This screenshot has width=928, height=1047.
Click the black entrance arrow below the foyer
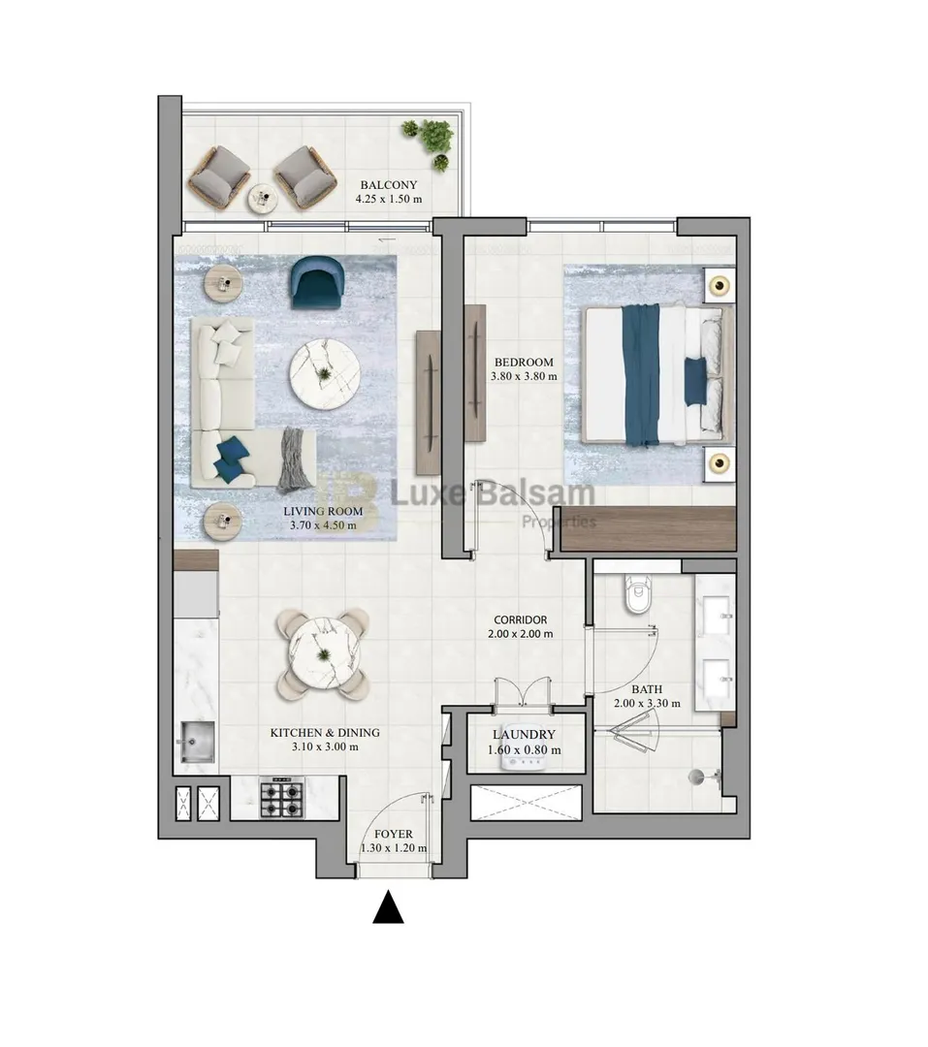[x=388, y=907]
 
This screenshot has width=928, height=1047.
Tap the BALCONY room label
[x=389, y=185]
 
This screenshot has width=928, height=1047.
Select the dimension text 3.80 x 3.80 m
[x=524, y=376]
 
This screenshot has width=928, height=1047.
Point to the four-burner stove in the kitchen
[x=281, y=798]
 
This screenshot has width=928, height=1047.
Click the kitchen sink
[x=197, y=742]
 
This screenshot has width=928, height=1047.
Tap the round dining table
[x=324, y=653]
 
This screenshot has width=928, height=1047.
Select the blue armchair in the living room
[x=317, y=282]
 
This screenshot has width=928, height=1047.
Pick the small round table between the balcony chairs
[x=263, y=198]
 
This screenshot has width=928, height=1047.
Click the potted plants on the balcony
[x=431, y=141]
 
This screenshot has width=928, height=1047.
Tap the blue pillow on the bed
[x=695, y=381]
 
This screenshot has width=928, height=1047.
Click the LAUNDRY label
[x=524, y=735]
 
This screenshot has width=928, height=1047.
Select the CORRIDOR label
[x=521, y=619]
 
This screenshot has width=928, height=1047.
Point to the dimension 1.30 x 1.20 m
[x=394, y=848]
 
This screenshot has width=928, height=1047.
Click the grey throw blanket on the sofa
[x=297, y=460]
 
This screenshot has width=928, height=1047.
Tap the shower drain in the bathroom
[x=697, y=776]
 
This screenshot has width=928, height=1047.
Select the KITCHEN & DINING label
[x=325, y=733]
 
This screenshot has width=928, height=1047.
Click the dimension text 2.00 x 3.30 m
[x=648, y=703]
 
